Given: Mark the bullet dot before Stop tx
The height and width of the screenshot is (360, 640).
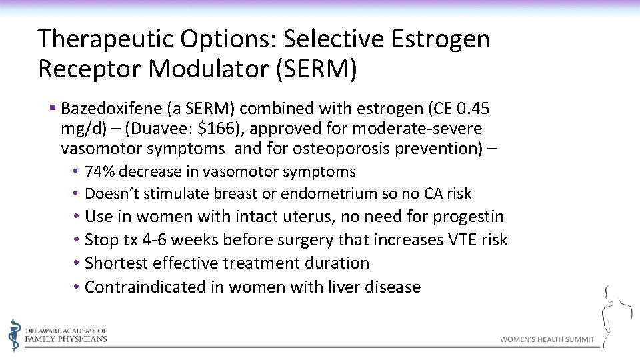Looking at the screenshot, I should (x=78, y=240).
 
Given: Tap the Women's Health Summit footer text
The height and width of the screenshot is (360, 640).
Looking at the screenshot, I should (x=547, y=339).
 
